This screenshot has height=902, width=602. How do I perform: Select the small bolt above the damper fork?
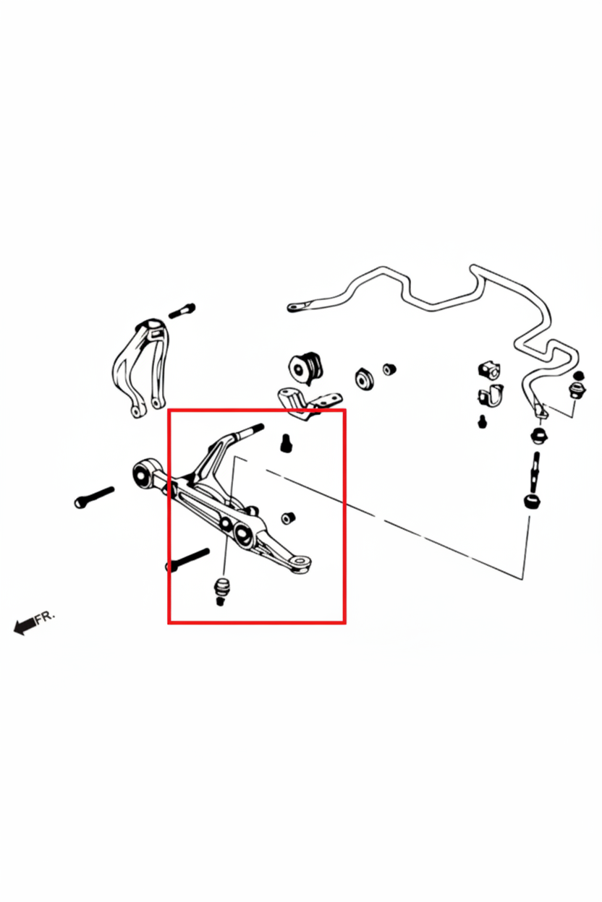coord(182,311)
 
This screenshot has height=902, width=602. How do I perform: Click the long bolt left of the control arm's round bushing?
coord(94,497)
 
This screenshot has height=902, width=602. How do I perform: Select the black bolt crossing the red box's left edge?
coord(188,559)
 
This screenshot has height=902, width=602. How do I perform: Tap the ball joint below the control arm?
coord(220,590)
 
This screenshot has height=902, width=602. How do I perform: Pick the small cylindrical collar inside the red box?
coord(288,518)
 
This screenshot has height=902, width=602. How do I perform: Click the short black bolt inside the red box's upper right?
coord(286,443)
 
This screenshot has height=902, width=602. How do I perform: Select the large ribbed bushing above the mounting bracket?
coord(305,369)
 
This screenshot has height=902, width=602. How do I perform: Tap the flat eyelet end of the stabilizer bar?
coord(299,306)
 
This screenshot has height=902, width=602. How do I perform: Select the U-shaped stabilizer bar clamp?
coord(491,395)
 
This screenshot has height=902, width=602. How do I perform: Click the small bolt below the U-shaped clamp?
coord(482,421)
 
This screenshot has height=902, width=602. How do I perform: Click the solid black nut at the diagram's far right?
coord(579,375)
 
